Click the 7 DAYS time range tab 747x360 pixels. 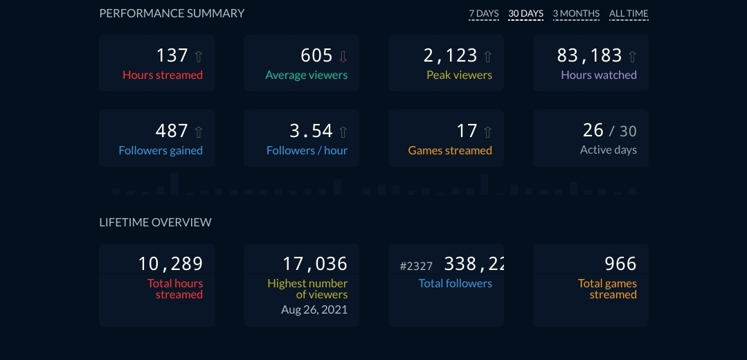pos(483,14)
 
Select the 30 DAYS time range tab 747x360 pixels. pos(525,14)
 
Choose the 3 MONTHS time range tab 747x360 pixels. pos(576,14)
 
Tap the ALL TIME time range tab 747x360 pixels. pos(629,14)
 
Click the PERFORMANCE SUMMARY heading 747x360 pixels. pos(172,13)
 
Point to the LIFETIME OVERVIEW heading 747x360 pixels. pos(156,222)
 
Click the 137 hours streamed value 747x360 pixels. pos(172,55)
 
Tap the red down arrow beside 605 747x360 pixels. pos(343,56)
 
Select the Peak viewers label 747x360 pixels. pos(459,75)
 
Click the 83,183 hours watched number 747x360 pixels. pos(588,55)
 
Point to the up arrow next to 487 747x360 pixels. pos(199,132)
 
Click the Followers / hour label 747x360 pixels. pos(307,150)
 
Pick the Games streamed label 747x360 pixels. pos(450,150)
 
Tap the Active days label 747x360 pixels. pos(608,150)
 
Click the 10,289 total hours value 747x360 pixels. pos(170,264)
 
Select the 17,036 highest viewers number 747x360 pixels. pos(314,264)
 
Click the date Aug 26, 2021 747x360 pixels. pos(314,309)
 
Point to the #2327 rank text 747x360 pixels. pos(417,266)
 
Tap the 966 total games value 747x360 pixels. pos(620,264)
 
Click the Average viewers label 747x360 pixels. pos(307,75)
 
